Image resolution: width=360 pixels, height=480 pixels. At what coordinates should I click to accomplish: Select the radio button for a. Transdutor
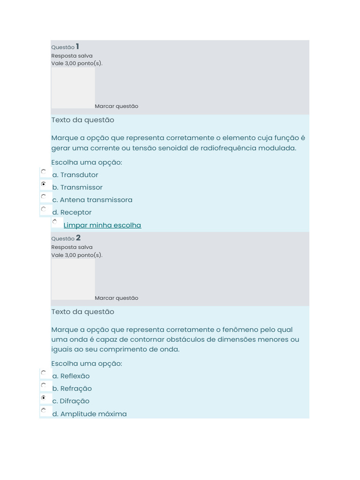pos(44,172)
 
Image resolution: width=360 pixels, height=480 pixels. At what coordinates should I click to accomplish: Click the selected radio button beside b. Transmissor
pos(44,184)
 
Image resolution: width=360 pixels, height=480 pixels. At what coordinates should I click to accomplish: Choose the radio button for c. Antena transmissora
pos(44,196)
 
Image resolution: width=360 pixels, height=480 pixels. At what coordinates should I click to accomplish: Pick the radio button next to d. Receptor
pos(44,209)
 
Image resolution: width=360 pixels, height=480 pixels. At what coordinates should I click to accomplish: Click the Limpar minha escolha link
pos(102,225)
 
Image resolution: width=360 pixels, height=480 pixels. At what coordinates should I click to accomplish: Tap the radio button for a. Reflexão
pos(44,373)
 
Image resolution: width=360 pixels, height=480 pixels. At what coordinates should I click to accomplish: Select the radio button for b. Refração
pos(44,385)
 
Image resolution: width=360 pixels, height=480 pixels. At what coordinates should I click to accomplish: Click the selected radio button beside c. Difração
pos(44,397)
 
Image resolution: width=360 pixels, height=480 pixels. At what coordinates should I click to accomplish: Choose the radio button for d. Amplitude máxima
pos(44,410)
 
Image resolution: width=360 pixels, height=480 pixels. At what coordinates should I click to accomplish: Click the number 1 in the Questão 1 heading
pos(77,46)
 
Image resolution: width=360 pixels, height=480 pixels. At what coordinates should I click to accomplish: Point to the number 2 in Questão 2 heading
pos(78,238)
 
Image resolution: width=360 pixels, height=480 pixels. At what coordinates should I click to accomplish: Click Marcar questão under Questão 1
pos(116,106)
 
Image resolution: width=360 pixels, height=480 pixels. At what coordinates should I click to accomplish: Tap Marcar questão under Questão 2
pos(116,298)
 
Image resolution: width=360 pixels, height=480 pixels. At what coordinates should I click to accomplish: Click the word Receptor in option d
pos(76,212)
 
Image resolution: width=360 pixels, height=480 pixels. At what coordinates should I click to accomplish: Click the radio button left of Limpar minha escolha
pos(55,221)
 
